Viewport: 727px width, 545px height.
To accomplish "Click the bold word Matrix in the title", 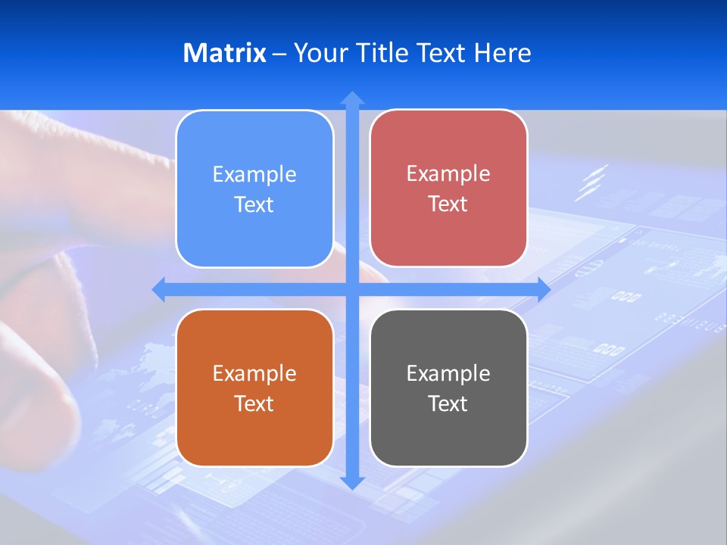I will [x=225, y=53].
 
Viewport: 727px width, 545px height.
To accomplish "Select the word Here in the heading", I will [x=503, y=53].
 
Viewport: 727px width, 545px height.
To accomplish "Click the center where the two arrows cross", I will [x=352, y=289].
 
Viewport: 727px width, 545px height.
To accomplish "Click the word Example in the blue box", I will [x=254, y=175].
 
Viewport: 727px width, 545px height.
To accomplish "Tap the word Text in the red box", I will [x=448, y=204].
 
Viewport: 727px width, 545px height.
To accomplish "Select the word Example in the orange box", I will [x=254, y=374].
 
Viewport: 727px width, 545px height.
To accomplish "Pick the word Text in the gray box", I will [x=448, y=404].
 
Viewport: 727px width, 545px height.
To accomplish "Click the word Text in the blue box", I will [x=254, y=205].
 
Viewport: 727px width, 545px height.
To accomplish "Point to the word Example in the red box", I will [x=448, y=174].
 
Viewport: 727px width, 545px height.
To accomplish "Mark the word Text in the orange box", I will [x=254, y=404].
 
